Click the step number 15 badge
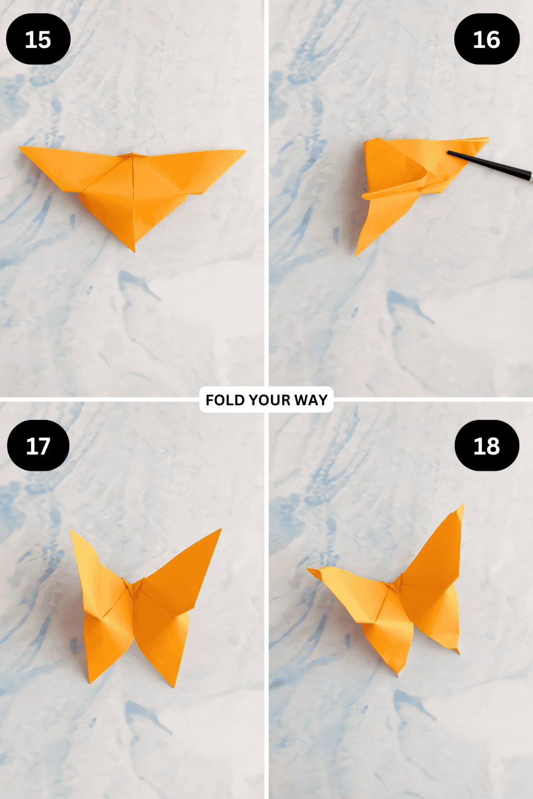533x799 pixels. point(38,40)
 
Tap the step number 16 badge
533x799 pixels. point(487,40)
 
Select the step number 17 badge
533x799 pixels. point(38,446)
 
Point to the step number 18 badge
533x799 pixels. point(487,446)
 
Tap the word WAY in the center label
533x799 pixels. point(311,400)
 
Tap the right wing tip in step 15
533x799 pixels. point(244,152)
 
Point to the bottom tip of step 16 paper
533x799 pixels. point(357,254)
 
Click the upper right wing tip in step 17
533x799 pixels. point(220,530)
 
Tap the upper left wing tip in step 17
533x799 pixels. point(72,532)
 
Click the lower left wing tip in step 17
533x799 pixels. point(90,681)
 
